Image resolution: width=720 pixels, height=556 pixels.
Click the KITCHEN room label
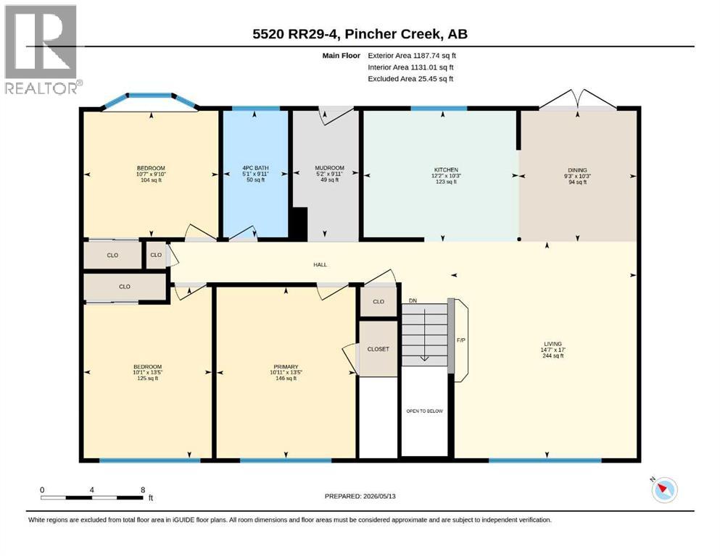[446, 169]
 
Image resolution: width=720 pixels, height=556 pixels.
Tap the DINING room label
[577, 170]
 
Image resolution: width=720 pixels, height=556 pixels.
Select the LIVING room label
[553, 344]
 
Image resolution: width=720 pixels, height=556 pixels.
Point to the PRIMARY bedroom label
[286, 367]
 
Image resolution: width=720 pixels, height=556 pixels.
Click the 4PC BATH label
[255, 168]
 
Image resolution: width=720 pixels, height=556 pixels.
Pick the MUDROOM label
[329, 168]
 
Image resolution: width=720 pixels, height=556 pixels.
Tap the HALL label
[320, 264]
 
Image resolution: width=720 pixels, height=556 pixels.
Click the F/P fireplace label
[461, 340]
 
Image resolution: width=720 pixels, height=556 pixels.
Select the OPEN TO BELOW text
[424, 411]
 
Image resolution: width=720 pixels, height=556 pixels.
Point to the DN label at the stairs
[413, 300]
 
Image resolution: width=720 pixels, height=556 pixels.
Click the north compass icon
[664, 489]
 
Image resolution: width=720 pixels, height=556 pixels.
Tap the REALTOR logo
[42, 49]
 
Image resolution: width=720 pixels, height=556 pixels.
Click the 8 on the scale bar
[144, 489]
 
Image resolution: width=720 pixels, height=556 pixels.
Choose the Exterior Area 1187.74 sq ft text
[412, 56]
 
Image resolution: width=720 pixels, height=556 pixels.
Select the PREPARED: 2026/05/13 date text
[360, 496]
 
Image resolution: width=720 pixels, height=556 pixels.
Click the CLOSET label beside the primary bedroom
[378, 349]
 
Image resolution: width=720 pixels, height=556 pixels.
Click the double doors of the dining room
[578, 99]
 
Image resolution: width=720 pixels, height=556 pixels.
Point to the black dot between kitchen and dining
[519, 239]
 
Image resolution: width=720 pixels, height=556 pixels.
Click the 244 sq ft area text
[553, 355]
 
